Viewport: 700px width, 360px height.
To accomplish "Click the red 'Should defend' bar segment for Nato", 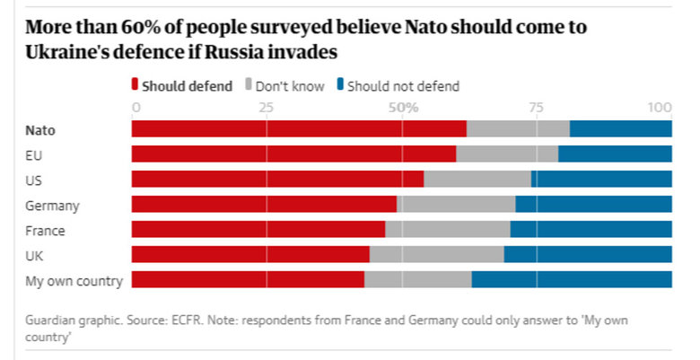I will (x=299, y=128).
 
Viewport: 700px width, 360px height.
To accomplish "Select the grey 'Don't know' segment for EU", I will (x=507, y=154).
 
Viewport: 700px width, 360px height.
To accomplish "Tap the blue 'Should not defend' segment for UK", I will (x=588, y=254).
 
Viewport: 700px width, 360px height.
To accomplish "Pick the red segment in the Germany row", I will (x=264, y=204).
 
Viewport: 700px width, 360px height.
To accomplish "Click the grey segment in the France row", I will (x=448, y=229).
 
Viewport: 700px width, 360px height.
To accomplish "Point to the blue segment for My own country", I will (x=572, y=279).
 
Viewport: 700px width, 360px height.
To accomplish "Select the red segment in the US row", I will (x=277, y=179).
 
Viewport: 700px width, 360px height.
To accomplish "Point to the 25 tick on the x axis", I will (x=266, y=108).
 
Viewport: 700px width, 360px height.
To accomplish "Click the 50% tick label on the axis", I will (x=403, y=108).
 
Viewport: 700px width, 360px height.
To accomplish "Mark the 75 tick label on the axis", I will (x=537, y=108).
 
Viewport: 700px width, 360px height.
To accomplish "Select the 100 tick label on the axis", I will (x=661, y=108).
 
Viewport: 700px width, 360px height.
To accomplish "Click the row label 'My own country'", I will (x=74, y=281).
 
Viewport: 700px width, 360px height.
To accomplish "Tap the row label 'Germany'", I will (x=53, y=205).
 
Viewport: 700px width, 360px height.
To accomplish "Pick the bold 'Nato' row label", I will (x=40, y=129).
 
